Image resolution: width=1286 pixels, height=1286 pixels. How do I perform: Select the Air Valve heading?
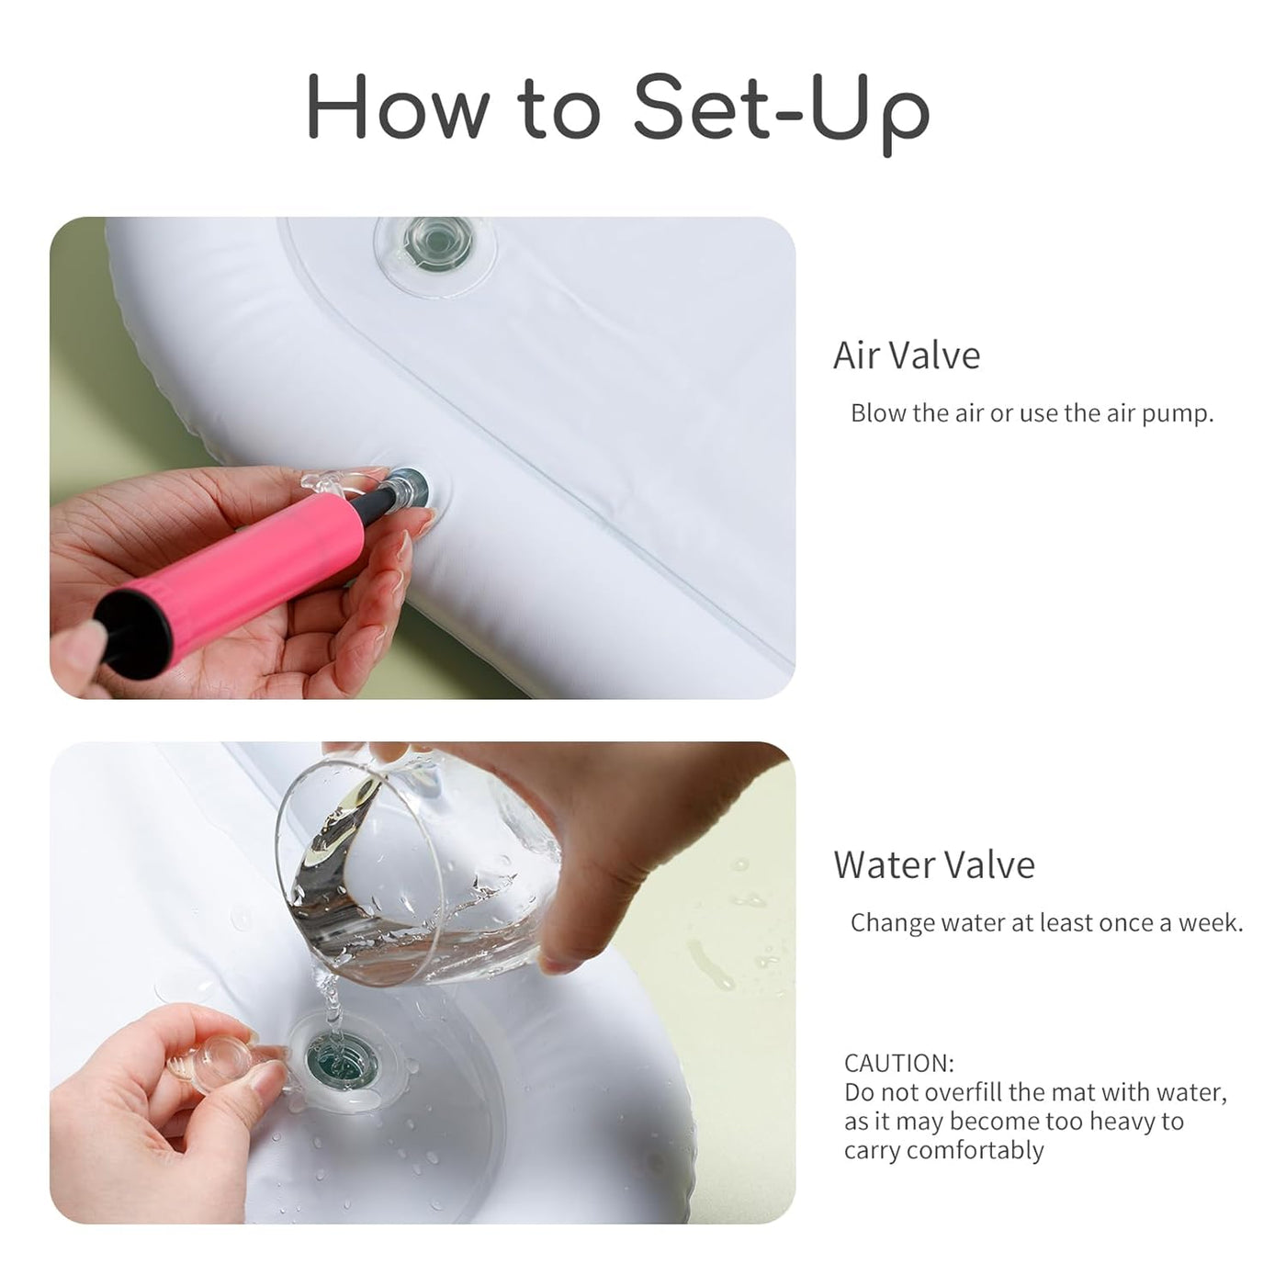(907, 355)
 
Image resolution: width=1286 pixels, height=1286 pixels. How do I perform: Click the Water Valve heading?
(933, 865)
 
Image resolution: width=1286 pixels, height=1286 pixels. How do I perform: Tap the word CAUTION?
(898, 1063)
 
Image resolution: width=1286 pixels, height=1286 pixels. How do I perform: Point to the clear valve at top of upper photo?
(437, 243)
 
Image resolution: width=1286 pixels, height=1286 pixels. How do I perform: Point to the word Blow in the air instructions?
(879, 413)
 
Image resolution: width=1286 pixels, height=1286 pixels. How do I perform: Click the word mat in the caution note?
(1076, 1092)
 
